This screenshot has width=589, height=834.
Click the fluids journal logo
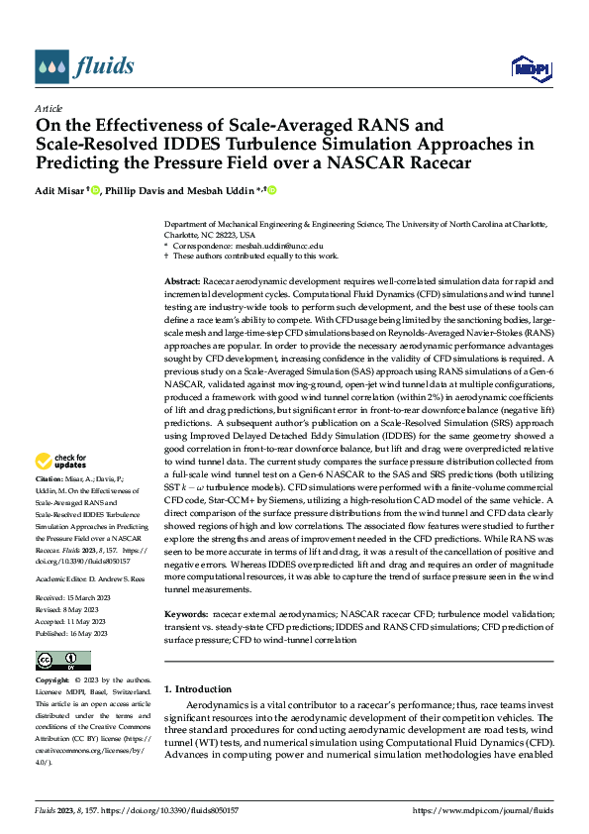click(x=84, y=67)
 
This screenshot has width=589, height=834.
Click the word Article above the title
click(x=49, y=108)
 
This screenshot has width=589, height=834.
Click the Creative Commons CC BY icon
click(x=62, y=661)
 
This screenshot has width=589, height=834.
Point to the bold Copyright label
click(x=54, y=681)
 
